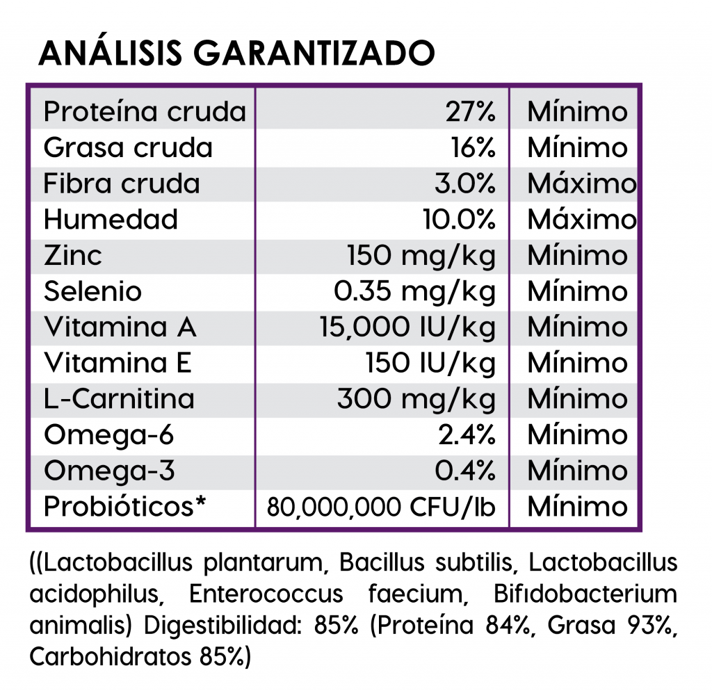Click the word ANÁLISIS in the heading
coord(108,53)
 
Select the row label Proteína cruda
coord(145,111)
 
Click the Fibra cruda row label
coord(121,184)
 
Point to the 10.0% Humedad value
coord(459,220)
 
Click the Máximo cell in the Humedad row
coord(581,220)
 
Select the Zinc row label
coord(72,256)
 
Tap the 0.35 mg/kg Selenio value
coord(414,291)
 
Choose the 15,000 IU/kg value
coord(407,327)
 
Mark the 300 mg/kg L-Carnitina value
coord(416,400)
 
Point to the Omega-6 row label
coord(108,436)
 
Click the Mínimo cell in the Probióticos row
coord(577,507)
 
